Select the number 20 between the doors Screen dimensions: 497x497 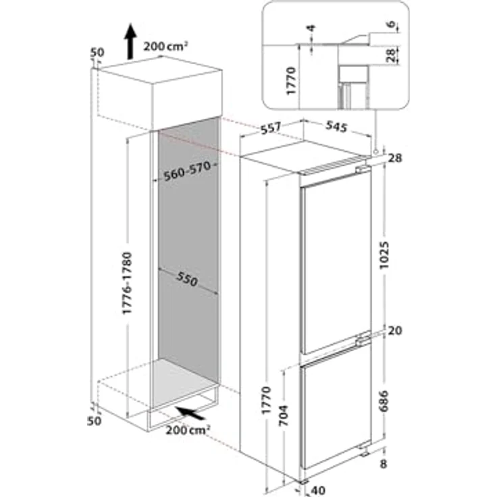click(396, 331)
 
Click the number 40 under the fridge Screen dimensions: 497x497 click(318, 490)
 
